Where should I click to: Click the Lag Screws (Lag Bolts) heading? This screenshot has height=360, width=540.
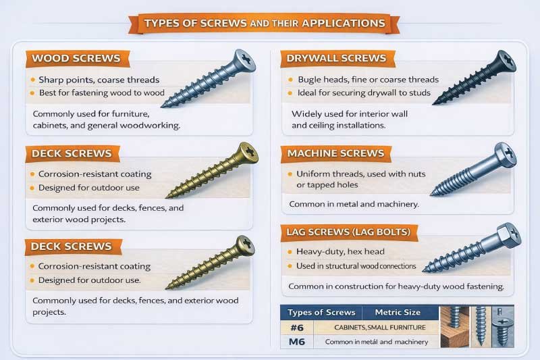(x=349, y=234)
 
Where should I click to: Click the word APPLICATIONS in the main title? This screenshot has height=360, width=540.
(x=342, y=23)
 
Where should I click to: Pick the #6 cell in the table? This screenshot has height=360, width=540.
(x=295, y=328)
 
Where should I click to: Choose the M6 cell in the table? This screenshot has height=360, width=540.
(x=295, y=342)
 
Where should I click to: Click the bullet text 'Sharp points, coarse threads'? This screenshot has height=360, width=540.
(x=99, y=79)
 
